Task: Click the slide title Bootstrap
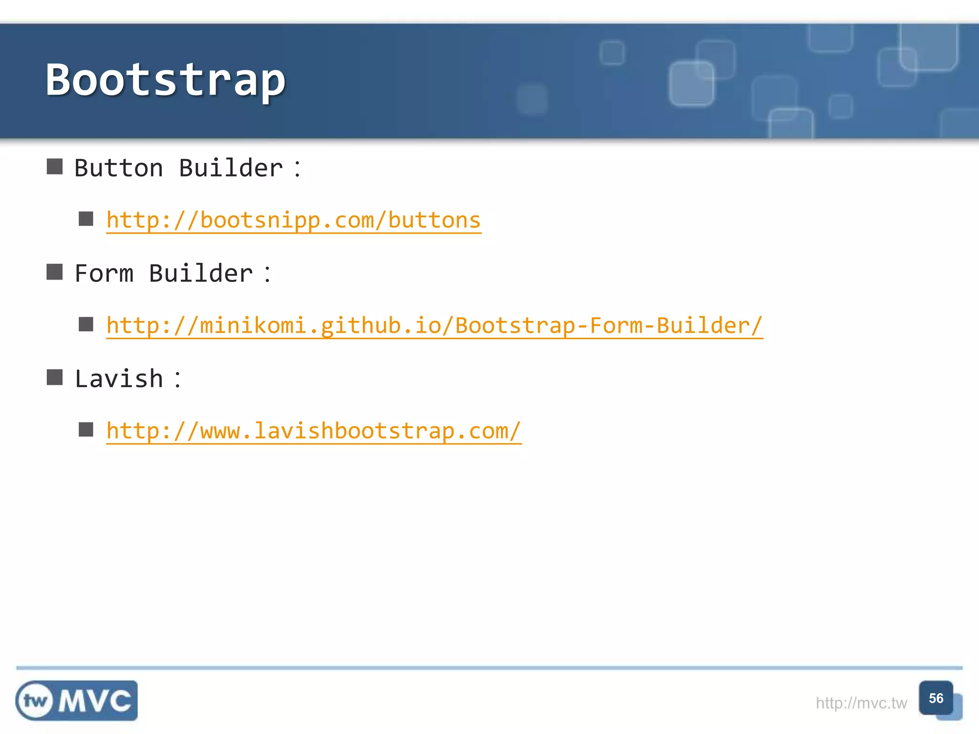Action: [165, 80]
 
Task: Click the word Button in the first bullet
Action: [119, 168]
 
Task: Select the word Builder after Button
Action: [231, 168]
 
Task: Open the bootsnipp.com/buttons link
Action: [294, 220]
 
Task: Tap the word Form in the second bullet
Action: [104, 274]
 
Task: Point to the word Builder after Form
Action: [201, 274]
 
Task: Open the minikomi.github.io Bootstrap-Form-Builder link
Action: [434, 326]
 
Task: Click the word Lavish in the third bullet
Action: [119, 379]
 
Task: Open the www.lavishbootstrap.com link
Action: [314, 431]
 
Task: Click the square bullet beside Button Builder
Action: [54, 167]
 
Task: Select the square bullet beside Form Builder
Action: [54, 272]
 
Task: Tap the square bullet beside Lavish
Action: [54, 377]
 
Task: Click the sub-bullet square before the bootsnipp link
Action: [86, 219]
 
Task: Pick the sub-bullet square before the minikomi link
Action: [86, 324]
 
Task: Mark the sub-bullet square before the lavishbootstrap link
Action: [86, 430]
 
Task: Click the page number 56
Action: [936, 698]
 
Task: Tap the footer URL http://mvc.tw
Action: [861, 703]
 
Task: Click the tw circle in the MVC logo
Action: [35, 701]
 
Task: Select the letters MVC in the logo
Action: [95, 701]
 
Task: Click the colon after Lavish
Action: [177, 380]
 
